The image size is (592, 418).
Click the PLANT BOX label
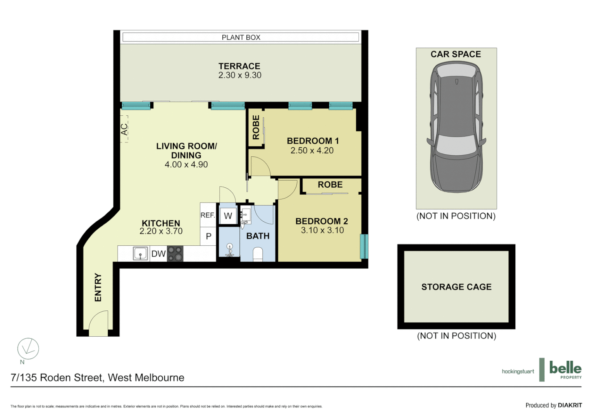(x=241, y=38)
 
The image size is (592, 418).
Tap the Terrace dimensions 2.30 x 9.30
(x=239, y=75)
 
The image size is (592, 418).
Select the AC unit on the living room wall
(x=124, y=129)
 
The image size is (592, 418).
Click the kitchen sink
(x=140, y=254)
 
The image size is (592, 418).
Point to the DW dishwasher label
(x=158, y=254)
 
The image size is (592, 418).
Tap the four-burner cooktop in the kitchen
(x=175, y=254)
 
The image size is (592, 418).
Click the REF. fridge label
(x=207, y=215)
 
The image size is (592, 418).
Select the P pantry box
(x=208, y=236)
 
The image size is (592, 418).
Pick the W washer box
(x=228, y=216)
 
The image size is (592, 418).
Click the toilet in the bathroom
(x=258, y=254)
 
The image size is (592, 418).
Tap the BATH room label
(x=258, y=236)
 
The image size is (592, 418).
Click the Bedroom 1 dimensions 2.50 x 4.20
(x=312, y=151)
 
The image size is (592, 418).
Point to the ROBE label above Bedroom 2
(x=330, y=185)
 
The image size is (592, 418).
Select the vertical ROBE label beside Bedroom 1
(x=256, y=127)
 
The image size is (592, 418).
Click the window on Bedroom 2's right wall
(x=364, y=246)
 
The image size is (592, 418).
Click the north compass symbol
(x=28, y=349)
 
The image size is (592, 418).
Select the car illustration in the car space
(x=456, y=128)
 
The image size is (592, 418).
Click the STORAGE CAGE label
(x=456, y=287)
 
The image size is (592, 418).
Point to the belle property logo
(x=565, y=370)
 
